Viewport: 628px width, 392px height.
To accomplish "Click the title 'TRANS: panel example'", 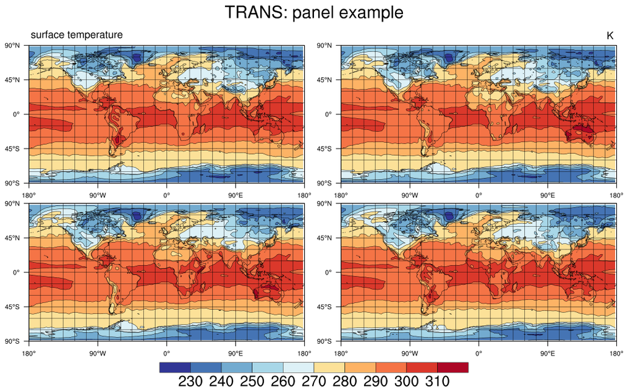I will point(314,12).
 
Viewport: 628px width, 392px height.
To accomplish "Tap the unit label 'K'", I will point(609,36).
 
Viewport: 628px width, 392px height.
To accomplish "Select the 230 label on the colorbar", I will point(190,381).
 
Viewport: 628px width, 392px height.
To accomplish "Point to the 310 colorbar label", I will point(437,381).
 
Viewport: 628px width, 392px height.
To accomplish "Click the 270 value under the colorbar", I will point(314,381).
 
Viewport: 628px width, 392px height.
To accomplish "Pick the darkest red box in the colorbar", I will point(453,367).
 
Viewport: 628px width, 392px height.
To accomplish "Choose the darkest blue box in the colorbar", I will point(175,367).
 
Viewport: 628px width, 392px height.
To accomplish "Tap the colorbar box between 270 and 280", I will point(329,367).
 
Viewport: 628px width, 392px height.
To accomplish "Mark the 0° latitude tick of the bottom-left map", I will point(16,272).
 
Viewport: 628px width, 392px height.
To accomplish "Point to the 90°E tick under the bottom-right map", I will point(547,354).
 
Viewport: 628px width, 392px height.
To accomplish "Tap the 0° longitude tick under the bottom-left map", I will point(166,354).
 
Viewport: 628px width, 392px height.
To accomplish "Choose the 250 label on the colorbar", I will point(252,381).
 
